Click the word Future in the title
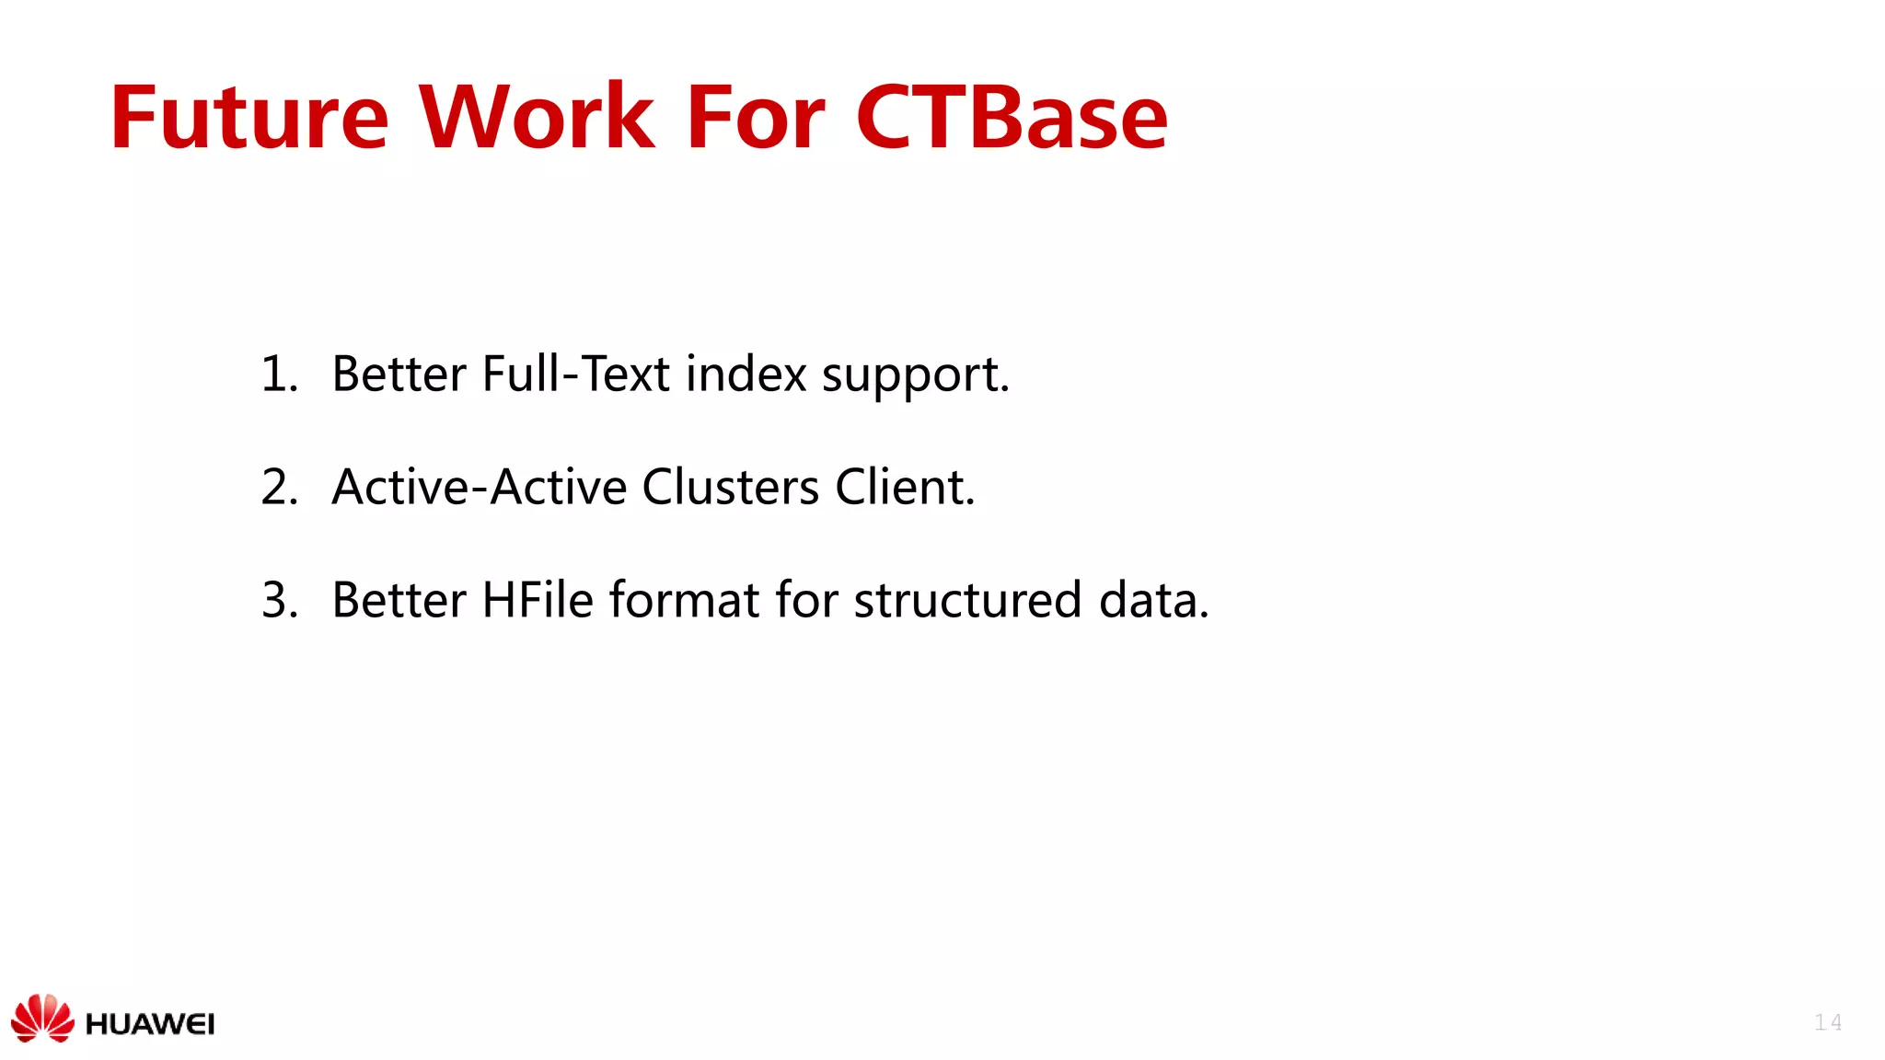(249, 118)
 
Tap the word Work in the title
(537, 118)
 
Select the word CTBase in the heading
(1012, 118)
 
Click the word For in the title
(756, 118)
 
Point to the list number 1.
(279, 374)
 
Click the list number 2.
(279, 487)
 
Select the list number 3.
(279, 600)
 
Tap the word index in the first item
(746, 374)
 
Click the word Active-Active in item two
(479, 487)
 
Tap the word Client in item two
(903, 487)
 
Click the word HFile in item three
(538, 600)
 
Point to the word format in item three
(684, 600)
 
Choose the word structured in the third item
(967, 600)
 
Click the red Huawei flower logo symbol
(42, 1018)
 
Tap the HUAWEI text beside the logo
(150, 1024)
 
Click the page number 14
(1827, 1022)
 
